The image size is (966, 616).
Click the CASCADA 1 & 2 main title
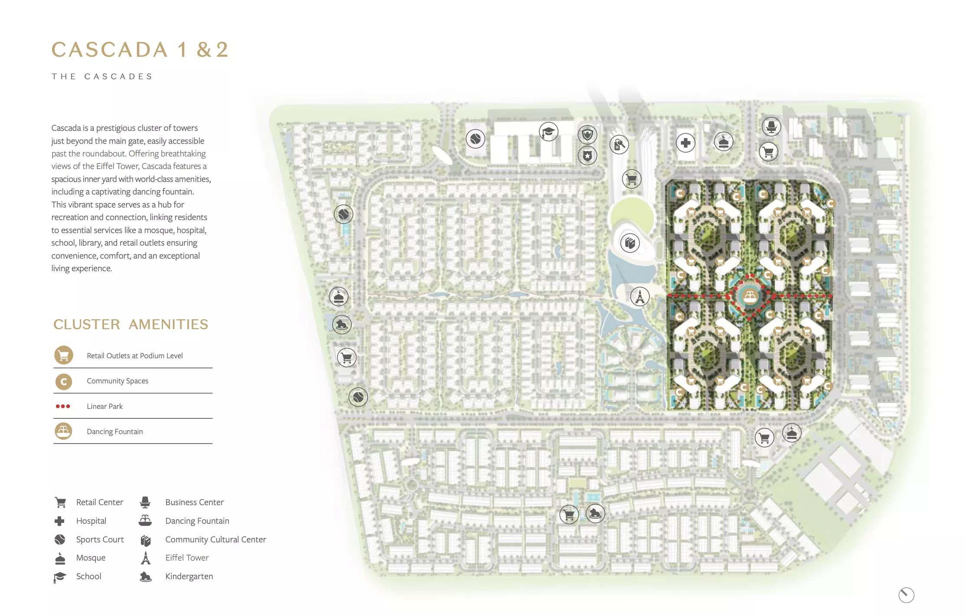[140, 49]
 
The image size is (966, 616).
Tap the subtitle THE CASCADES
[102, 77]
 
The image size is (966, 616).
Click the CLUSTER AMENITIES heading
[131, 324]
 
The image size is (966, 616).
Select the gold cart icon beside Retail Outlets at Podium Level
[63, 355]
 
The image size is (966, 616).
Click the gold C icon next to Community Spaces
[63, 381]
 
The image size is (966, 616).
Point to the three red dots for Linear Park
[63, 406]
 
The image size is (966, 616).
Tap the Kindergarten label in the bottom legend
[189, 576]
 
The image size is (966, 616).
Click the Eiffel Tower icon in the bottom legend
[146, 558]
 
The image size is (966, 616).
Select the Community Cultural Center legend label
[215, 539]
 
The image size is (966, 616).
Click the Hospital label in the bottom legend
[91, 521]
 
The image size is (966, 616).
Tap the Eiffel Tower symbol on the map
[640, 297]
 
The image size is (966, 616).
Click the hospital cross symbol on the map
[685, 143]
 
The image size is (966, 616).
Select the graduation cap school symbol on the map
[548, 131]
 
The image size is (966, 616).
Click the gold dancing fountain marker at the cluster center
[750, 296]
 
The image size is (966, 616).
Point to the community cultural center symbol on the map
[630, 243]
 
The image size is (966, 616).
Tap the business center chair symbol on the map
[771, 126]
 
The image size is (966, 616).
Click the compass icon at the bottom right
[906, 595]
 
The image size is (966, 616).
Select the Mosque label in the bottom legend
[91, 558]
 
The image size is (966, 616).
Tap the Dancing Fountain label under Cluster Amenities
[114, 431]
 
